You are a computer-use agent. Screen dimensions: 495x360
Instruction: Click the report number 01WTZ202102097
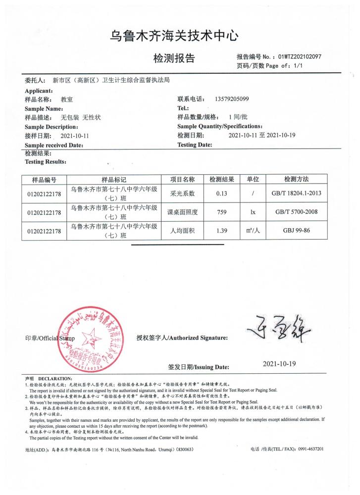300,56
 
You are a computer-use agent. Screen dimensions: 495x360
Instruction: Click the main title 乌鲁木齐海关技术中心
174,35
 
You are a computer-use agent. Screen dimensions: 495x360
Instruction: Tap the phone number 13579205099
232,99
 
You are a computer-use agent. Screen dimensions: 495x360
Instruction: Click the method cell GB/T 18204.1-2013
296,193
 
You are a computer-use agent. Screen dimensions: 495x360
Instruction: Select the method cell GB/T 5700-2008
296,212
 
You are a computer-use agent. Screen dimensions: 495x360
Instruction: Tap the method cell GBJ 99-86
296,231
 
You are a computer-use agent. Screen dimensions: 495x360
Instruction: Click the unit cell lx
253,212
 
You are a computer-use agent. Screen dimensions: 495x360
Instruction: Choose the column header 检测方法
296,179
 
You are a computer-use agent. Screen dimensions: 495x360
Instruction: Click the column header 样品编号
45,179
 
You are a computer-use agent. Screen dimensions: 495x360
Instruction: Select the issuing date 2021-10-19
279,364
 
